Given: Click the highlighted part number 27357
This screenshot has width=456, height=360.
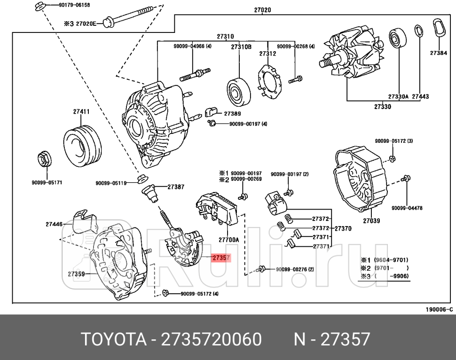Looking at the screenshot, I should [220, 258].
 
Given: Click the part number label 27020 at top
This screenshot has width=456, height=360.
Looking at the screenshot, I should [262, 10].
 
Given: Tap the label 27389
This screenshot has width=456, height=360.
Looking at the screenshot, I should [232, 113].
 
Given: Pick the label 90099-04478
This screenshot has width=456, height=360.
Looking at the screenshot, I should [407, 208].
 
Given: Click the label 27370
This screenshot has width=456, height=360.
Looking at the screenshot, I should [343, 228].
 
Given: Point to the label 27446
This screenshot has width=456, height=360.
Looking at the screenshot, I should [54, 224].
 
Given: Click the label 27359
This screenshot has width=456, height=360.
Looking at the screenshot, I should [76, 274].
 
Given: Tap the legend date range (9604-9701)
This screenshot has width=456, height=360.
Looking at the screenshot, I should [391, 259].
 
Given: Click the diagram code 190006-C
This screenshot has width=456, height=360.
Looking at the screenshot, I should [439, 309].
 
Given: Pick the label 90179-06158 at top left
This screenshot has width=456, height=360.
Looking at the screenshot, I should [74, 5].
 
